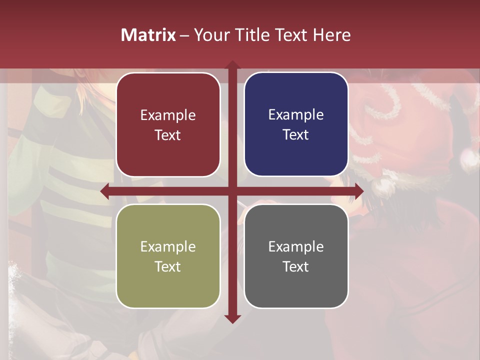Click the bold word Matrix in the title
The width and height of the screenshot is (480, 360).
tap(148, 35)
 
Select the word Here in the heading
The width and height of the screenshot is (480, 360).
tap(331, 35)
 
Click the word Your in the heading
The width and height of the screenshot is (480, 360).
tap(210, 35)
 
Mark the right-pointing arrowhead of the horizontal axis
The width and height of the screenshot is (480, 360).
tap(359, 191)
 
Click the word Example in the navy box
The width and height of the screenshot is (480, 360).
tap(296, 115)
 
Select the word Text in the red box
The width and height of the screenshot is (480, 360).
tap(168, 135)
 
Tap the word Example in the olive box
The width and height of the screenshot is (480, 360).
tap(168, 246)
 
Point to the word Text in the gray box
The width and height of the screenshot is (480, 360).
tap(296, 266)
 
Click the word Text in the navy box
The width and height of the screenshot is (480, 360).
tap(296, 135)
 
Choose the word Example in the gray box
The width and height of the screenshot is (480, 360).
tap(296, 246)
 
